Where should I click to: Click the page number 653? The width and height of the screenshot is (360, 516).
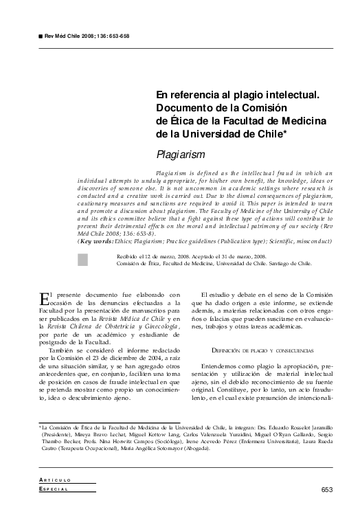[326, 490]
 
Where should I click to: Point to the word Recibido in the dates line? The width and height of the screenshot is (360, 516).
[130, 255]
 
